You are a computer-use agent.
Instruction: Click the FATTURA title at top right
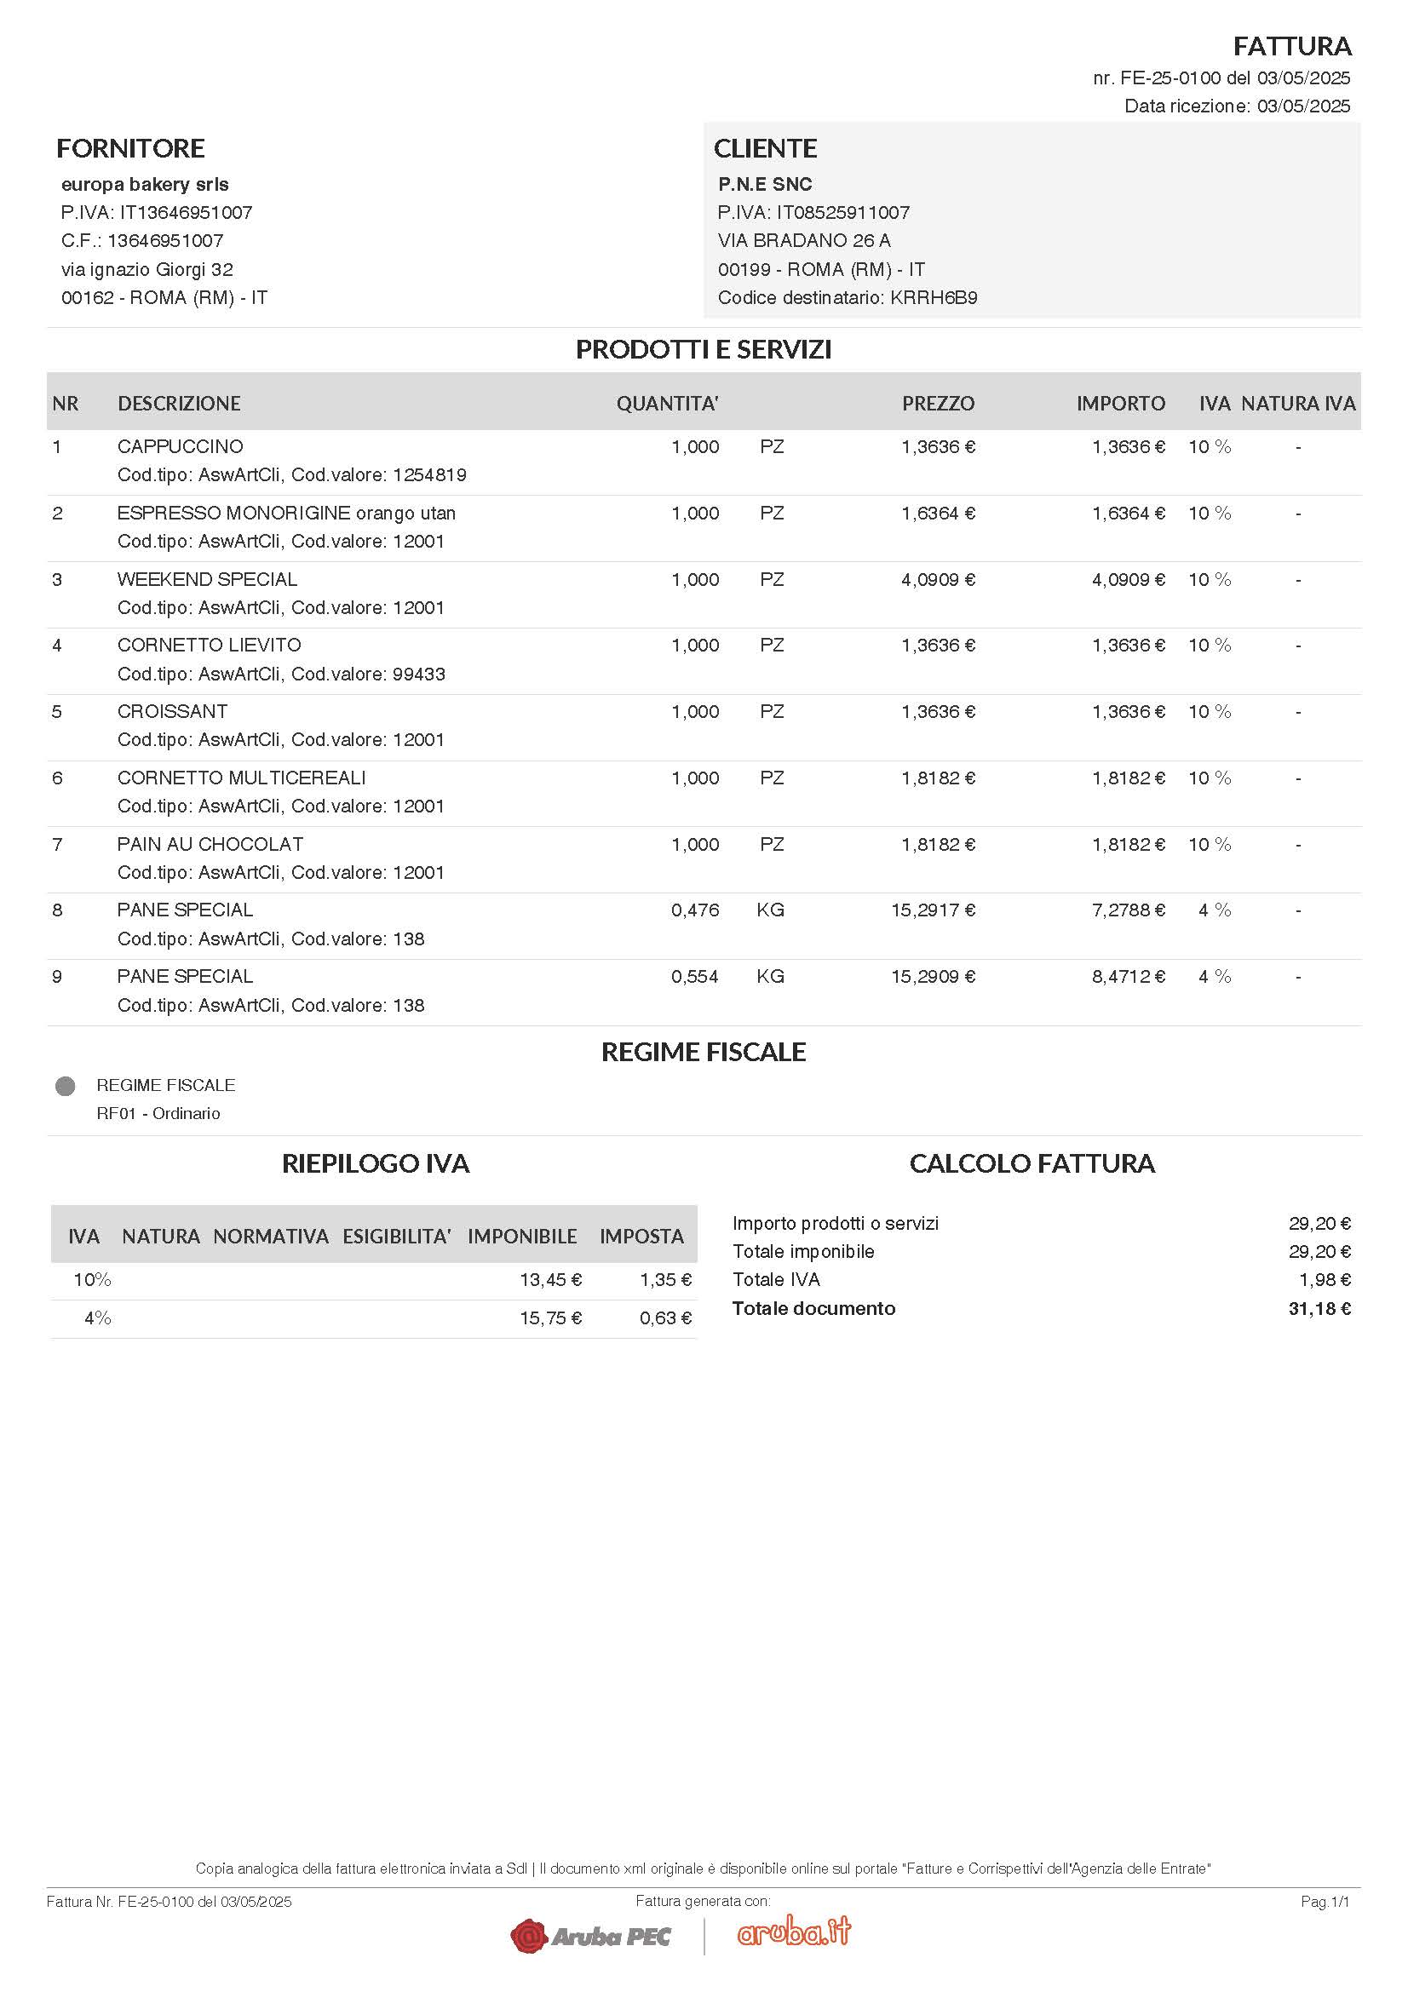1292,46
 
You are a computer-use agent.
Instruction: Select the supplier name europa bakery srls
145,184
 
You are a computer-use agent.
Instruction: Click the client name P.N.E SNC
764,184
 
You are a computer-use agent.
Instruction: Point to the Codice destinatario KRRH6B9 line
847,297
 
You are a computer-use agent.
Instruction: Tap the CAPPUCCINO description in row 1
181,447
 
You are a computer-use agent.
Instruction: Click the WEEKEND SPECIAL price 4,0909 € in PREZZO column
938,580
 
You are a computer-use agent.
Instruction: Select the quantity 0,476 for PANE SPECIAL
695,910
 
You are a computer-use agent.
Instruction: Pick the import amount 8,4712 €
1128,977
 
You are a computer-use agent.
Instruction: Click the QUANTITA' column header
667,404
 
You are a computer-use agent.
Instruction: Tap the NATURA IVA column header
1298,404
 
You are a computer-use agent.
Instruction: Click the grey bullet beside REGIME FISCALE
65,1086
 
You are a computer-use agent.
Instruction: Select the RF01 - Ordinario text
158,1113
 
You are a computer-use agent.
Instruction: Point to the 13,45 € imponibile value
550,1280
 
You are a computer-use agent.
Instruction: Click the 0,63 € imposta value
665,1318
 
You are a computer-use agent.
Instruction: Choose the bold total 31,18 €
1319,1308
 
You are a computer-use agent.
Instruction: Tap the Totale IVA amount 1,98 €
1324,1280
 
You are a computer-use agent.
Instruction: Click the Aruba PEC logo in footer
591,1936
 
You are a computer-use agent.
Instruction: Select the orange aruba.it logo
794,1932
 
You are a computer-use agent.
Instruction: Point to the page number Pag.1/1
1325,1902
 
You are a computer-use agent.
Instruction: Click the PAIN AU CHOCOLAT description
210,844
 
